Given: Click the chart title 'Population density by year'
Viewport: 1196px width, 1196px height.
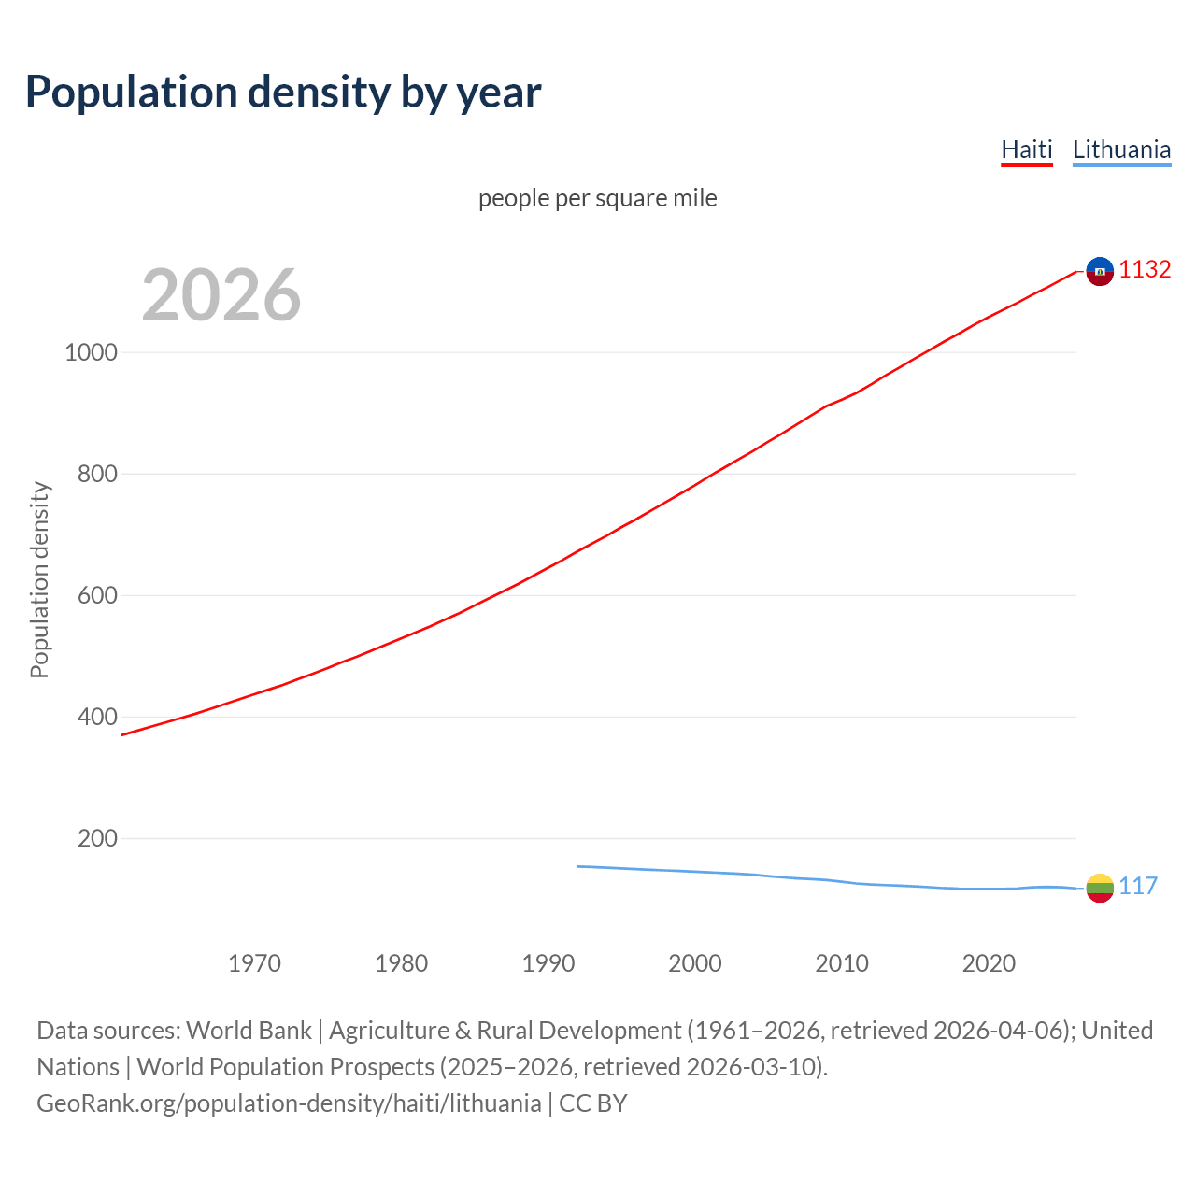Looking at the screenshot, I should pos(283,93).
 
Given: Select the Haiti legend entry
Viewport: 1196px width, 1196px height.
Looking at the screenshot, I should pos(1026,149).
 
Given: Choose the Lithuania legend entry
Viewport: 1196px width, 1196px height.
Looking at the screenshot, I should pos(1121,149).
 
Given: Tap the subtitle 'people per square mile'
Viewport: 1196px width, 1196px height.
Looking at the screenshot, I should pos(597,198).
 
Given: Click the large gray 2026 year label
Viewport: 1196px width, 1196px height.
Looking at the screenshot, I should pos(221,295).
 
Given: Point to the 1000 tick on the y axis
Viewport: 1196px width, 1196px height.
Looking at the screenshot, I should pos(91,352).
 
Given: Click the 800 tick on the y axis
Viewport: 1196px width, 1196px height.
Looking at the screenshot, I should pos(97,474).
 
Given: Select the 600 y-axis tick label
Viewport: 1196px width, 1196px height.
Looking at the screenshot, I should pos(97,595).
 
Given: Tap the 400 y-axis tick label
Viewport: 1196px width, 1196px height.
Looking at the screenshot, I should pos(97,717).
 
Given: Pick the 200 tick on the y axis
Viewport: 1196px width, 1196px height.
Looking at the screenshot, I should pos(97,838).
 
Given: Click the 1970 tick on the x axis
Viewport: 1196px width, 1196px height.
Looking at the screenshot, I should pos(254,963).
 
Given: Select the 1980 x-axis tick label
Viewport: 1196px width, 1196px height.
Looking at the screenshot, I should pos(401,963).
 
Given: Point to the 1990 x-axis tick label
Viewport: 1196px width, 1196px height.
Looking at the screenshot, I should pos(548,963).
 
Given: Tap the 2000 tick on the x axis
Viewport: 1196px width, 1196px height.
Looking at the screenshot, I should pos(695,963).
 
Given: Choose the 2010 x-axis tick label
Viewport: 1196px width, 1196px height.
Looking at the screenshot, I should pos(842,963).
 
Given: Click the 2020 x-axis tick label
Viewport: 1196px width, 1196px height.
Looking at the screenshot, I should pos(989,963).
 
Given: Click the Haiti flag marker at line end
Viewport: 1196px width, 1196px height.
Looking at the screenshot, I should pos(1100,271).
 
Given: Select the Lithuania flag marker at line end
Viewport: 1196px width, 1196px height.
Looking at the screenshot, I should pos(1100,888).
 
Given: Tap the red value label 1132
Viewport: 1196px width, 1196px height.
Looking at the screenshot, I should pos(1145,270).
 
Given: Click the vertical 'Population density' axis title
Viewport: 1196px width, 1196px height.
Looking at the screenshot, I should pos(39,579).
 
